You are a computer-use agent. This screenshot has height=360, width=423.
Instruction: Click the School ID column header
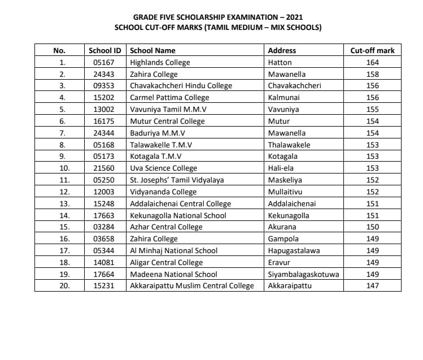(x=104, y=50)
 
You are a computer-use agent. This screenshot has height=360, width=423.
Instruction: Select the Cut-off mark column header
(x=372, y=50)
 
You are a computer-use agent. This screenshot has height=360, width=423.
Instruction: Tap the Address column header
(x=282, y=50)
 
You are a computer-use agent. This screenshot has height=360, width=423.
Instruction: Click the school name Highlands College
(x=160, y=62)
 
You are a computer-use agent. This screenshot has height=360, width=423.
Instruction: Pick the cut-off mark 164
(x=372, y=62)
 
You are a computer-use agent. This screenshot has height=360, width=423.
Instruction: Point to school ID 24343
(x=104, y=74)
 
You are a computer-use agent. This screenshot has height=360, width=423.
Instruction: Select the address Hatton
(x=280, y=62)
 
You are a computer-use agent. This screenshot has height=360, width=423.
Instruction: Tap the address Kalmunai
(x=284, y=98)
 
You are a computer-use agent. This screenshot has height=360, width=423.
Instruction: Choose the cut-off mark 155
(x=372, y=110)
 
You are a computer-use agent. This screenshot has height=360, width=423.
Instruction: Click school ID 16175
(x=104, y=122)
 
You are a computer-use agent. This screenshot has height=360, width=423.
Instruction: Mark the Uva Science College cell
(x=163, y=168)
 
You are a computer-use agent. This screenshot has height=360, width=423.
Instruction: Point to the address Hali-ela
(x=281, y=168)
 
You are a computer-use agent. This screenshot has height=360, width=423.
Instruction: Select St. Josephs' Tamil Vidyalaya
(x=177, y=180)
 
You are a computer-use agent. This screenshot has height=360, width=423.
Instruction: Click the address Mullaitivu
(x=286, y=192)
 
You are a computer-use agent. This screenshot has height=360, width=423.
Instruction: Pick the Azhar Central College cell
(x=166, y=227)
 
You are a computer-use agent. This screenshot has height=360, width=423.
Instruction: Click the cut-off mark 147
(x=372, y=286)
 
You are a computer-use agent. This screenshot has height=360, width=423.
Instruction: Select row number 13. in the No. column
(x=64, y=204)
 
